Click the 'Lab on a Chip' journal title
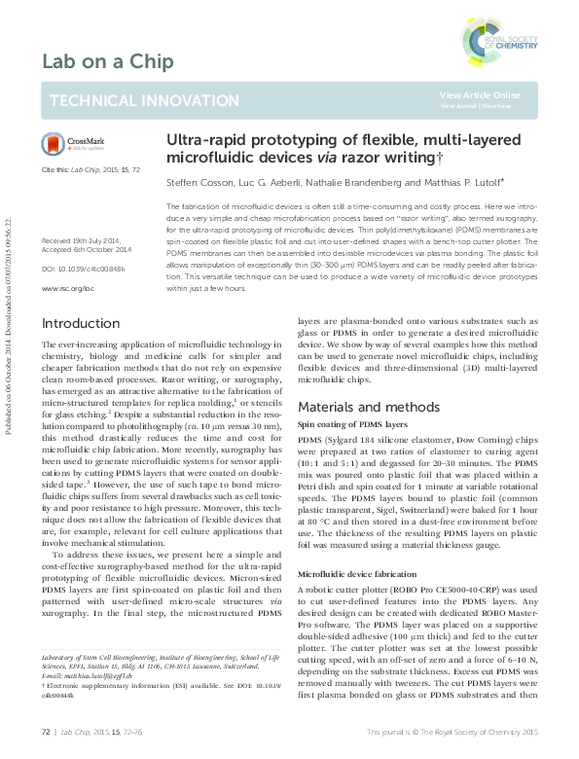[x=107, y=63]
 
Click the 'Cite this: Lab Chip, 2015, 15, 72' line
[x=90, y=169]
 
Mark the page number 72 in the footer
[x=46, y=730]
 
